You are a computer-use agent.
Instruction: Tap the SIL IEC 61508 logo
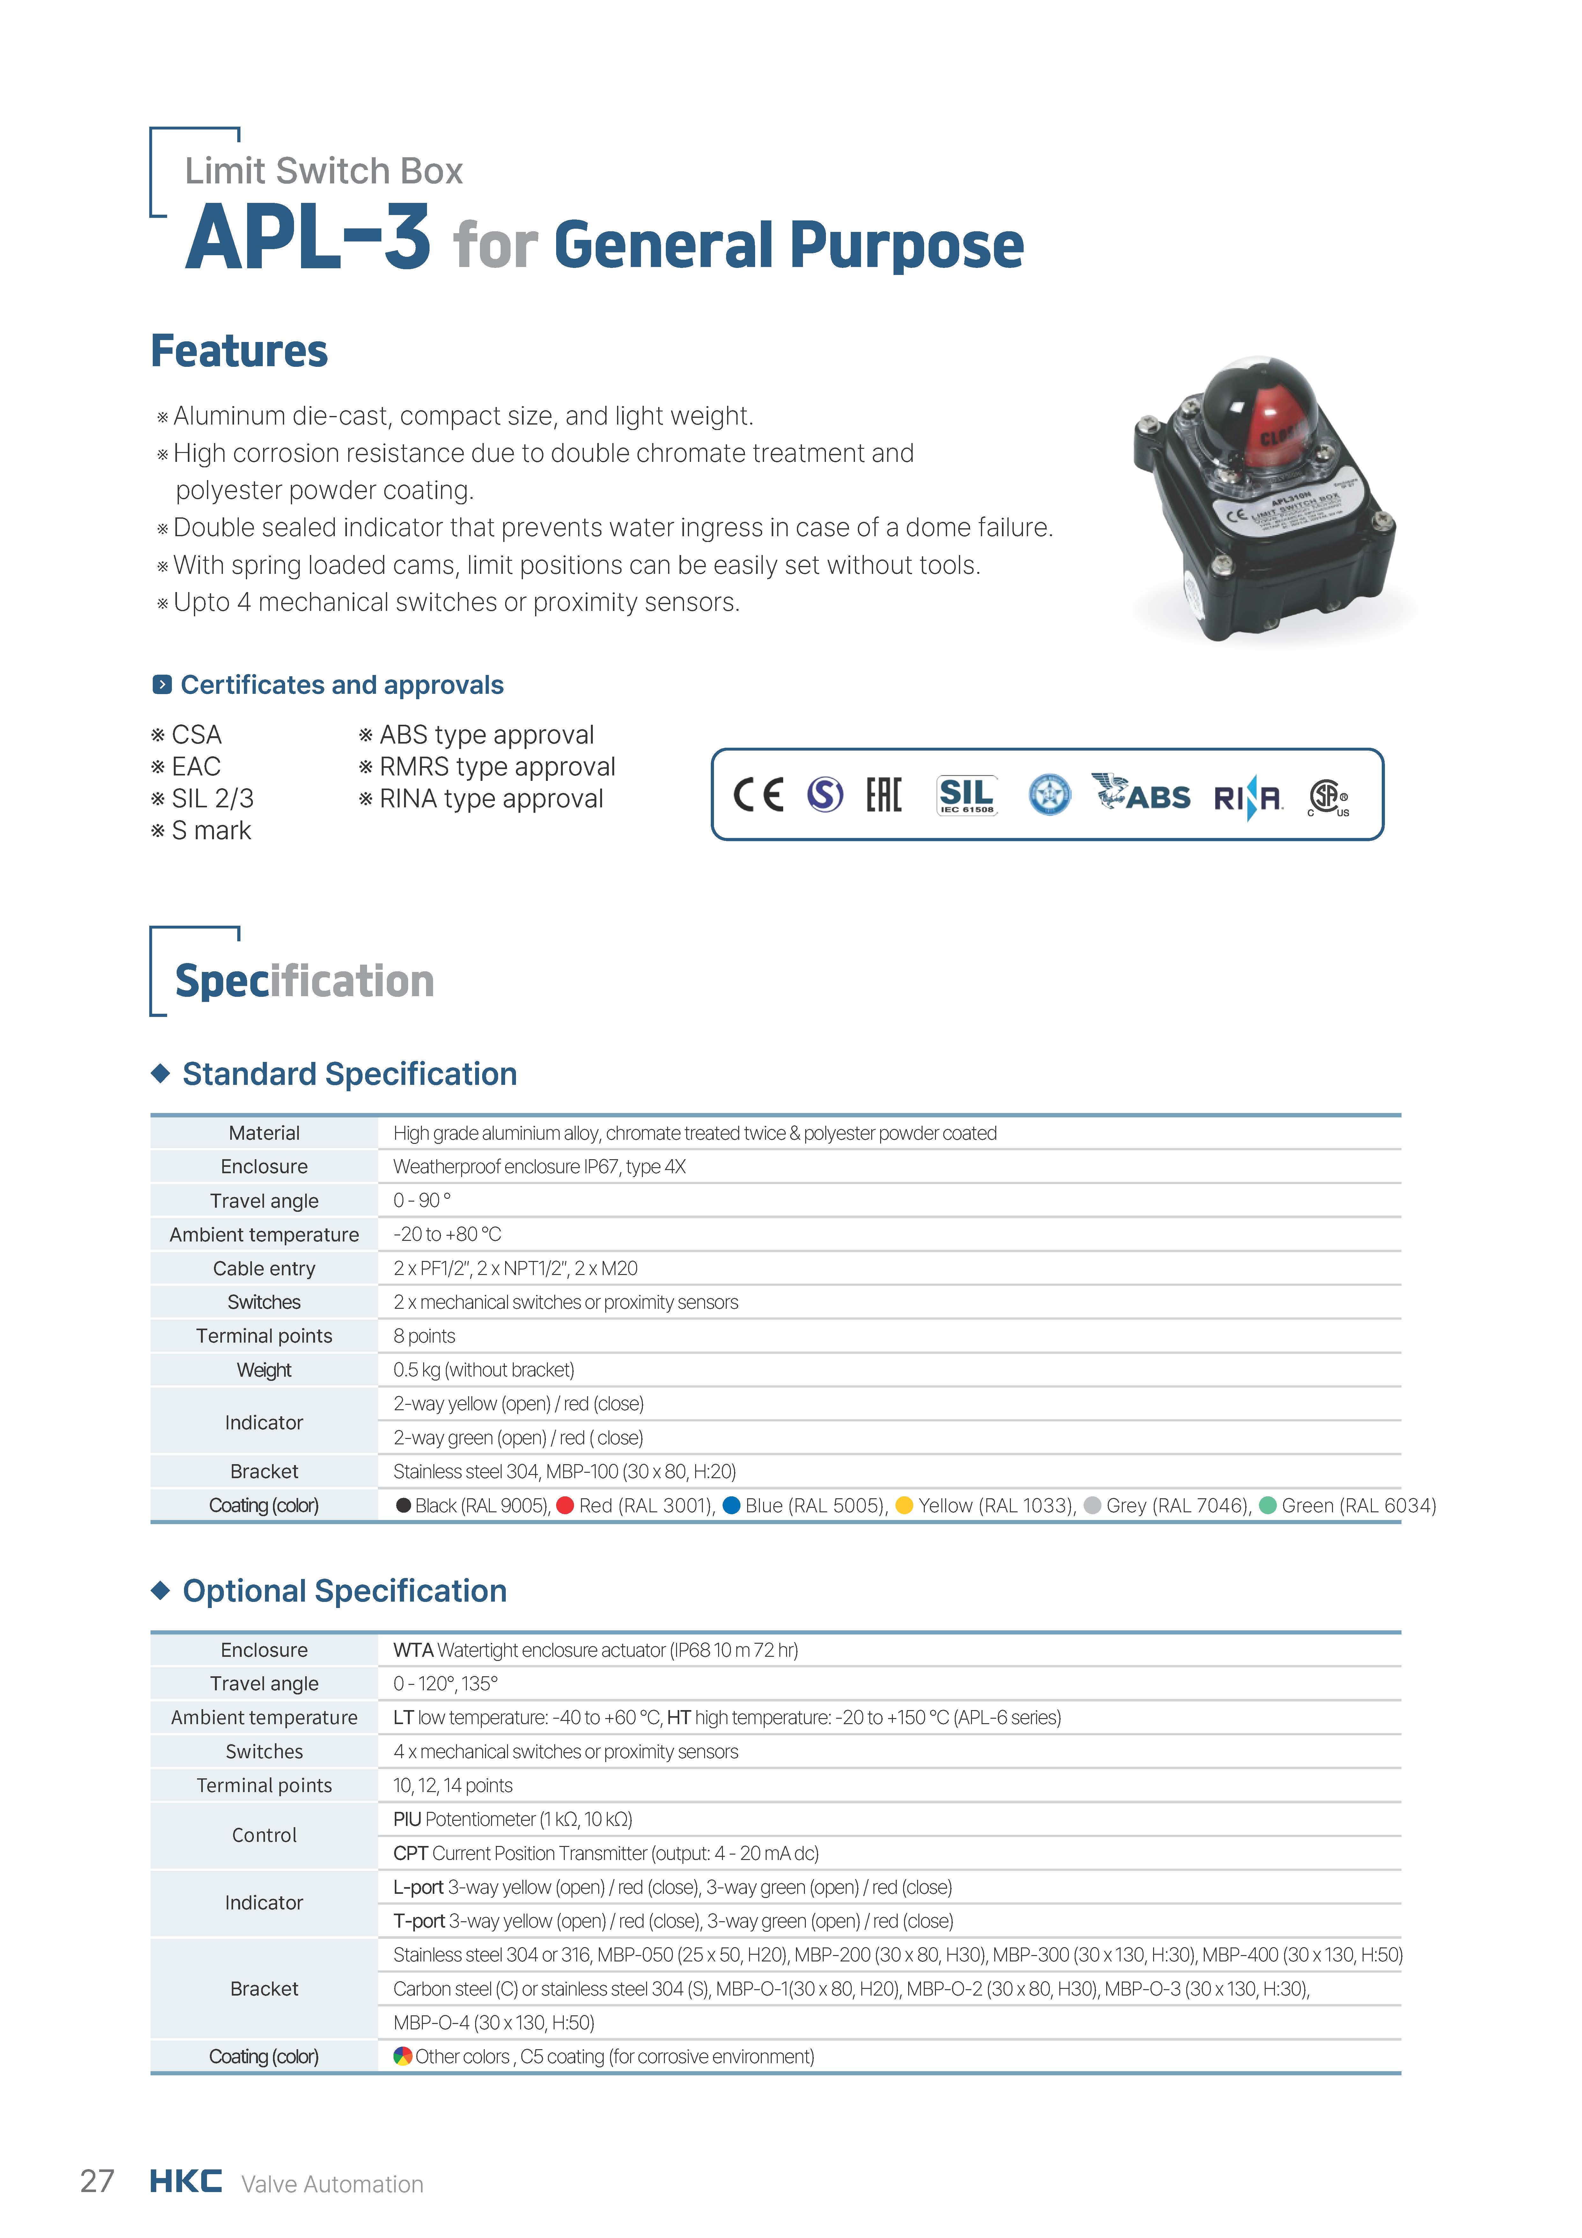tap(966, 795)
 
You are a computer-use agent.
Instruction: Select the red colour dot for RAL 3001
tap(564, 1505)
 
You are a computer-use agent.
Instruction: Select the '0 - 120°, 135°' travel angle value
tap(445, 1683)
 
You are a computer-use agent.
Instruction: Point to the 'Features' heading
tap(239, 351)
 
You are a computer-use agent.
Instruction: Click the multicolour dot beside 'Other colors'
tap(401, 2056)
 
